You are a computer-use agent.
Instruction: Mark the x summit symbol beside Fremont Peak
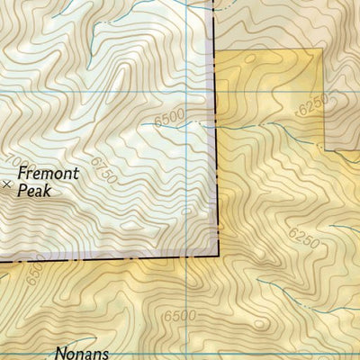coord(8,184)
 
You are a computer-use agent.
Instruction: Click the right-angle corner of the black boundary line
coord(217,256)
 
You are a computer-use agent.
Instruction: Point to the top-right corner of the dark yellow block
coord(320,49)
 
